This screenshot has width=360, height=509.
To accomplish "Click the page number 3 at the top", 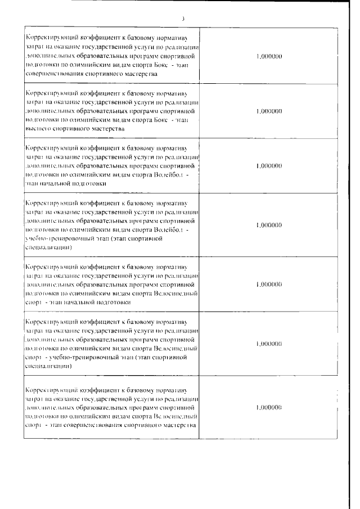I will click(183, 19).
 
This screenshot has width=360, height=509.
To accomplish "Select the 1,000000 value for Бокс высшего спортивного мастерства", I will click(268, 111).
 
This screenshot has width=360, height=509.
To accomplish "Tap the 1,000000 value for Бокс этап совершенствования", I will click(268, 57).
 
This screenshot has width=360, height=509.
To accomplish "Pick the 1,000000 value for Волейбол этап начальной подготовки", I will click(268, 166).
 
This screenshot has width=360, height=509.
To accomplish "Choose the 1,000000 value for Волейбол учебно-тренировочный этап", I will click(268, 225).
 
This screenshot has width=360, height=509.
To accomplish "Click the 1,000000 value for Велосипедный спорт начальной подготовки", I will click(268, 285).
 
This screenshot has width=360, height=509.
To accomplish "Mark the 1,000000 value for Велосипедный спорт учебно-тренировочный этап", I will click(268, 343).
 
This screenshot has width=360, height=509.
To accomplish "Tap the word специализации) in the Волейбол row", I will click(48, 247).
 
